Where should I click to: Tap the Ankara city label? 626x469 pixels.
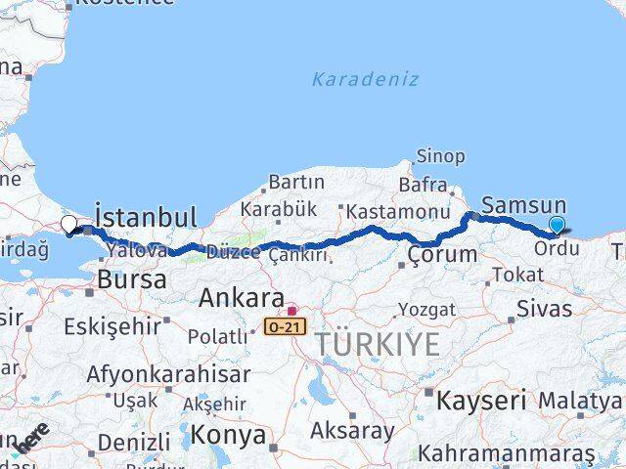241,298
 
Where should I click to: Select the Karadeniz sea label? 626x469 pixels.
365,79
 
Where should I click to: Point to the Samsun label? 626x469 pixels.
524,205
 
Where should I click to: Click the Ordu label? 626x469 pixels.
557,248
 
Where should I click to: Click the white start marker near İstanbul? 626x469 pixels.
68,225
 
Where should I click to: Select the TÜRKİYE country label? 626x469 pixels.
378,343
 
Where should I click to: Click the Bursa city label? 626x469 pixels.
131,280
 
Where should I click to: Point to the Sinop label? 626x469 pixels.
440,156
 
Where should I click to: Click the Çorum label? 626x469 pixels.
443,255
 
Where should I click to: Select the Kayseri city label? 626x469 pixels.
481,400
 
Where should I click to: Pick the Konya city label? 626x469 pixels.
228,434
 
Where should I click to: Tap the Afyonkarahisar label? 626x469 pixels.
168,373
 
